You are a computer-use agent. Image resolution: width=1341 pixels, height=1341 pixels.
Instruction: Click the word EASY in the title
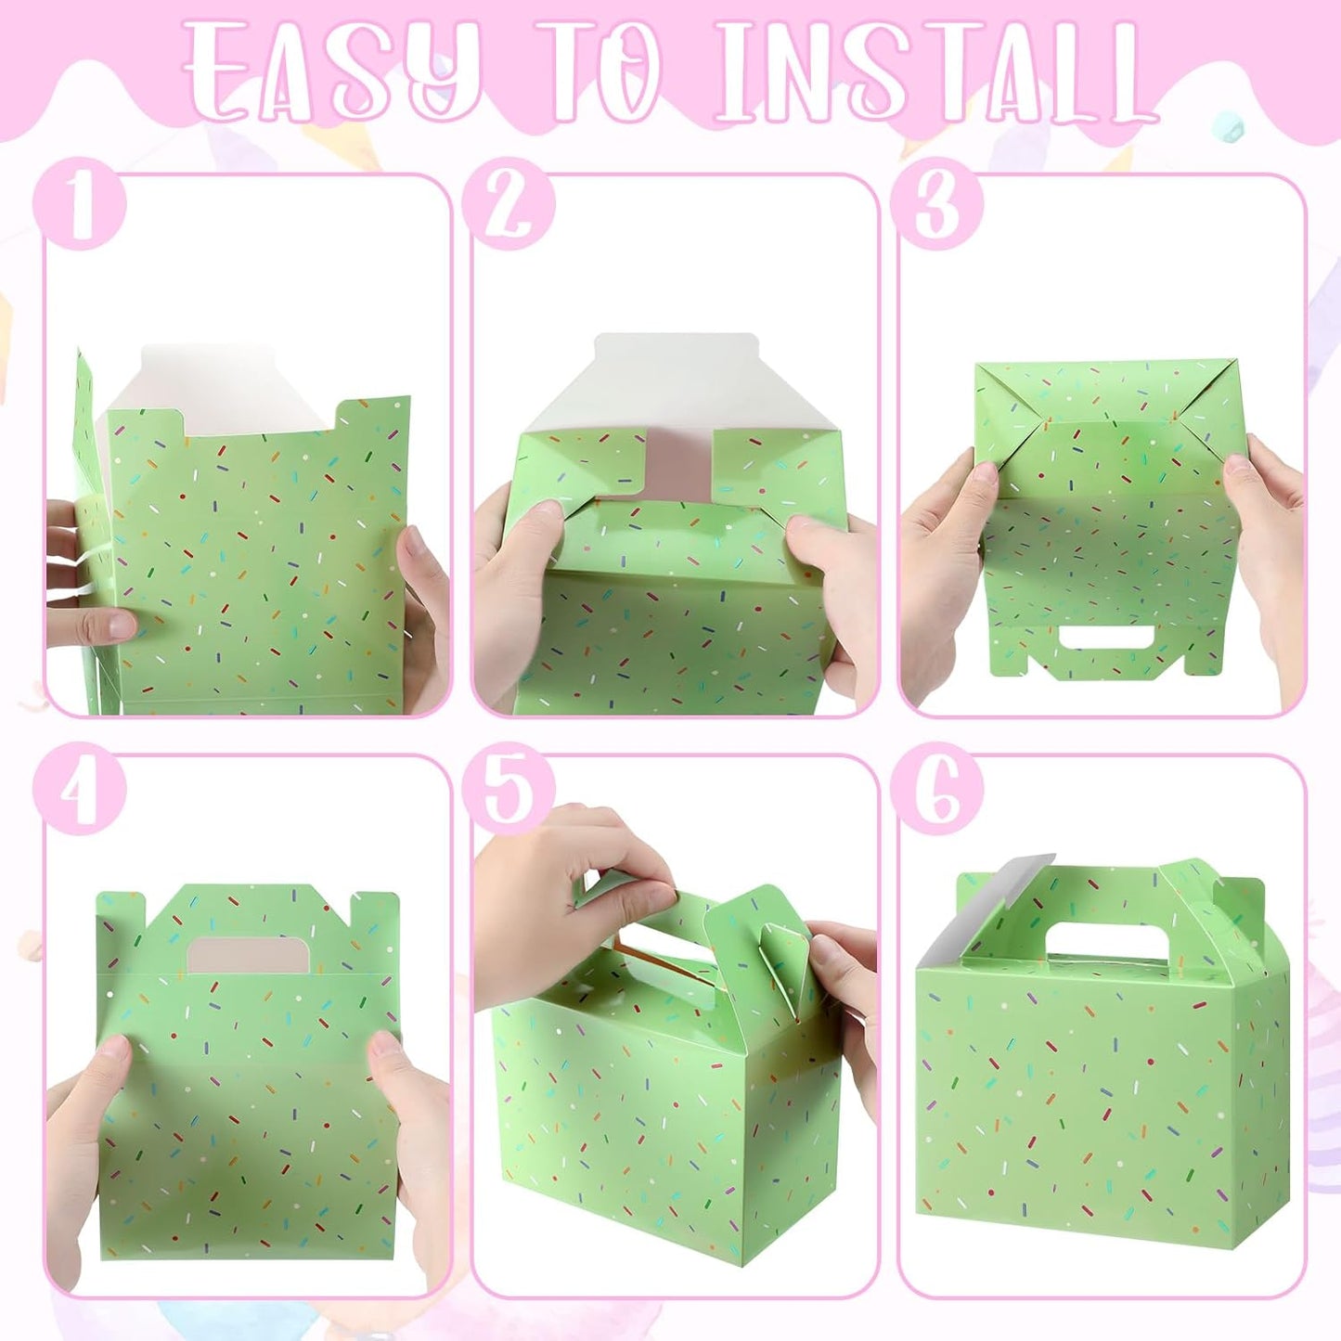click(334, 72)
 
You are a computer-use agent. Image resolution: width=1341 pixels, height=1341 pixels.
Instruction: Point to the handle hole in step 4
click(249, 956)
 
